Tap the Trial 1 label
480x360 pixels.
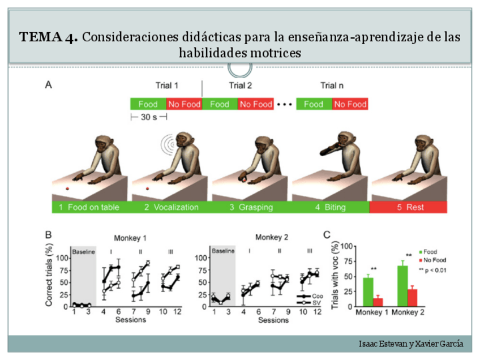[167, 86]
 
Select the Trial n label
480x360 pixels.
[332, 86]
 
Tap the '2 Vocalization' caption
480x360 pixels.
[172, 207]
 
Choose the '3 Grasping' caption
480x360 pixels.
[251, 207]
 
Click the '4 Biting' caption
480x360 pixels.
[331, 207]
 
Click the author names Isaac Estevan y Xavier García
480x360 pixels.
[411, 344]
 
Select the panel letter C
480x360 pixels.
[327, 234]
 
